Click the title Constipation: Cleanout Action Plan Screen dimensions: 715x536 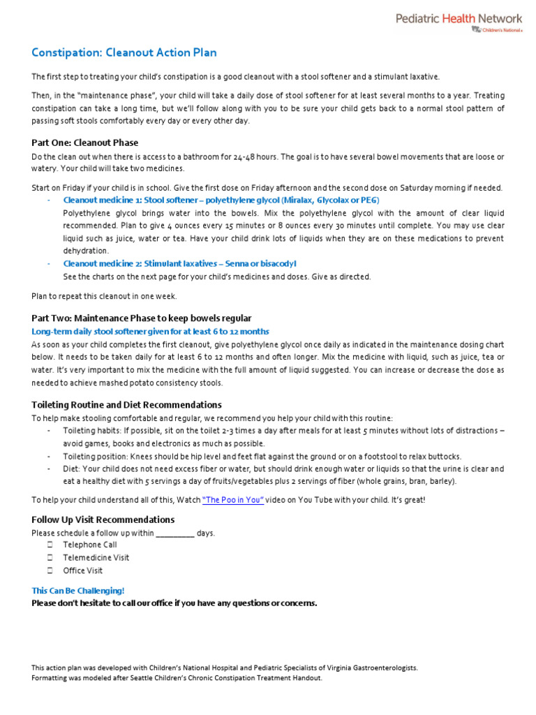[x=124, y=53]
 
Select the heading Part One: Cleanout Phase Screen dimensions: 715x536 [x=85, y=142]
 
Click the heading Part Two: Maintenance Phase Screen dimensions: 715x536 [x=142, y=318]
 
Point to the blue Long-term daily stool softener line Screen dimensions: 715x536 [x=150, y=331]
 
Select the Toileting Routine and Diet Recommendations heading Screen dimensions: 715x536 [x=126, y=405]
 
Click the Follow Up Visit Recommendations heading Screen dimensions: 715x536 [x=103, y=519]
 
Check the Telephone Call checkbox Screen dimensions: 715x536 [x=50, y=545]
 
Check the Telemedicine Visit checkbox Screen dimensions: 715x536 [x=50, y=558]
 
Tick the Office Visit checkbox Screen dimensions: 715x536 [x=50, y=570]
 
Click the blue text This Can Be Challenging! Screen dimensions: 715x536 [x=77, y=590]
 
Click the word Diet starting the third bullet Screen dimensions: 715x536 [x=70, y=469]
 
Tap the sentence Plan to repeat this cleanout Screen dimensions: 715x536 [x=104, y=296]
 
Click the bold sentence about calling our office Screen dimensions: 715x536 [x=174, y=603]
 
